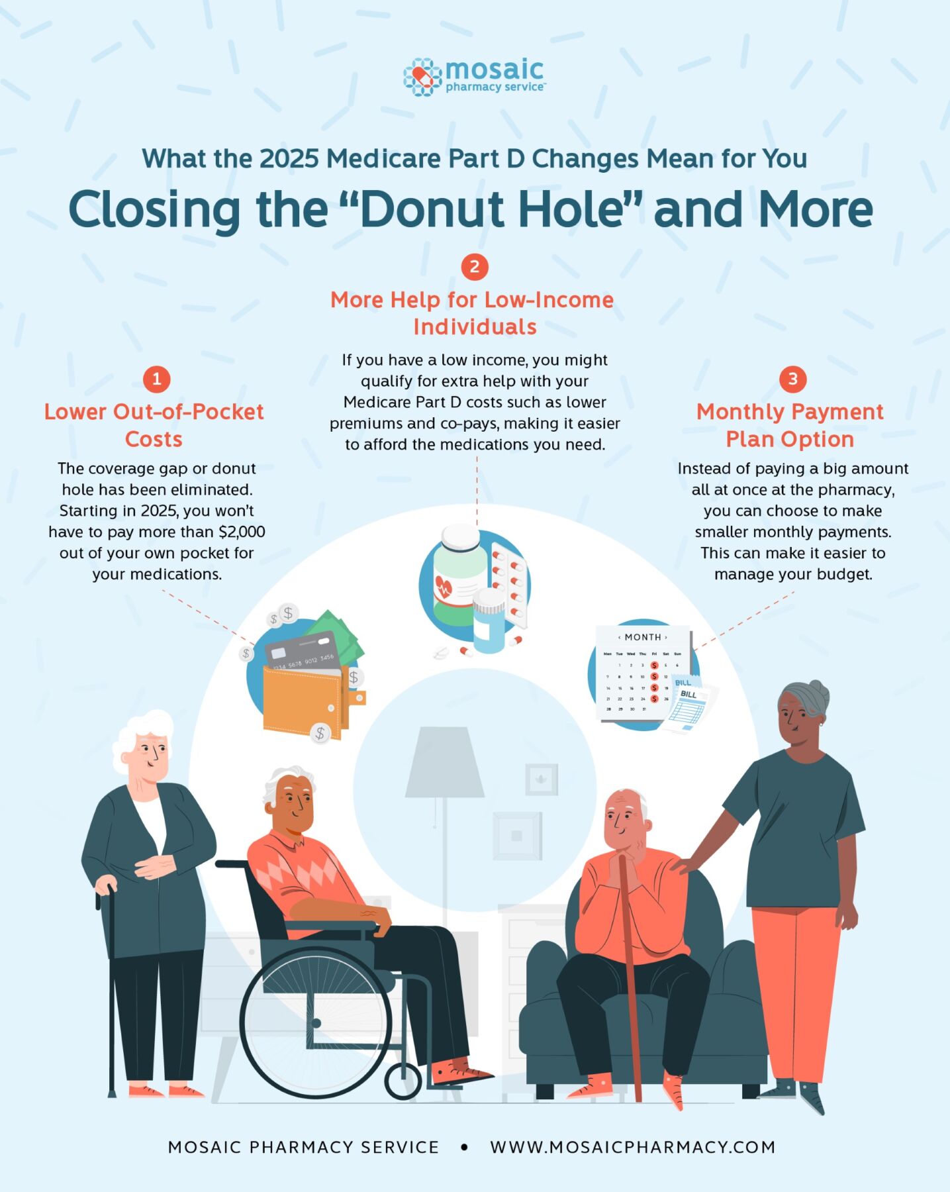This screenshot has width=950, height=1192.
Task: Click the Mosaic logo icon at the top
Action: pos(422,77)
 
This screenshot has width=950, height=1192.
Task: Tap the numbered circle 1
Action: pos(157,379)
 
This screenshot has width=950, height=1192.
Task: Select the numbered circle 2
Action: pos(475,267)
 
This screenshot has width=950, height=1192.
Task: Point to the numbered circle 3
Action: pos(792,379)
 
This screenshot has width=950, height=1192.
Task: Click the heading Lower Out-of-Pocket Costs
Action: pos(154,425)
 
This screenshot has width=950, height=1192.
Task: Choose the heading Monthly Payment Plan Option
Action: pos(790,425)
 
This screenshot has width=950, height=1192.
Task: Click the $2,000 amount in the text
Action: pos(242,532)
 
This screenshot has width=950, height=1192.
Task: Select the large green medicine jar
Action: pos(459,576)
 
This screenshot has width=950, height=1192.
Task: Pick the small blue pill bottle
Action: pos(489,621)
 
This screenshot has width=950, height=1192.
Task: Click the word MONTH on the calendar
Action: pos(643,637)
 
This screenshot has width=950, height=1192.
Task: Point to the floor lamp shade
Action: pos(444,762)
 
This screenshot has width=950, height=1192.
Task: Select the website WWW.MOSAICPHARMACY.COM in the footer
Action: pos(633,1147)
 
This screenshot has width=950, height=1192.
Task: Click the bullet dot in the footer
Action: pos(464,1147)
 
